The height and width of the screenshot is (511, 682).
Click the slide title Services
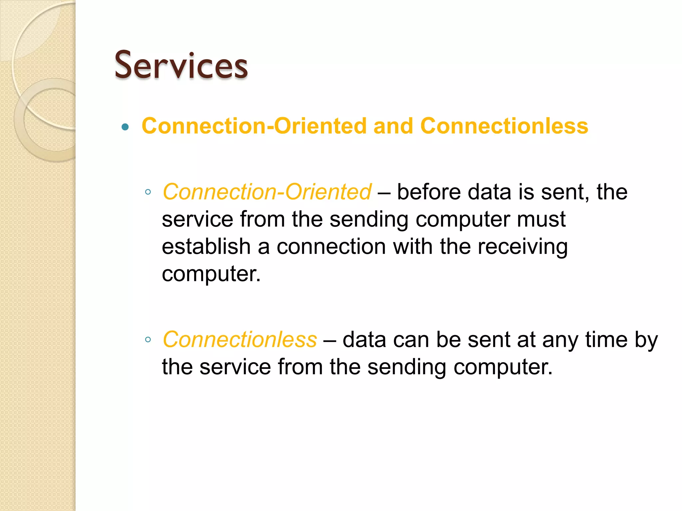pyautogui.click(x=181, y=65)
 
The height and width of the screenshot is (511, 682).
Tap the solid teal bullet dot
pyautogui.click(x=125, y=127)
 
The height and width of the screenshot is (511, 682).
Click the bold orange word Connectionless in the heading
pyautogui.click(x=504, y=126)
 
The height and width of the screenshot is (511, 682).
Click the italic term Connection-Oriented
pyautogui.click(x=267, y=192)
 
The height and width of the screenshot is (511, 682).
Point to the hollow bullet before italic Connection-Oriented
pyautogui.click(x=148, y=192)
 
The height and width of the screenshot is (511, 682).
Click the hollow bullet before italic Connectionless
pyautogui.click(x=148, y=340)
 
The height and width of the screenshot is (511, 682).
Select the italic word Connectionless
pyautogui.click(x=239, y=340)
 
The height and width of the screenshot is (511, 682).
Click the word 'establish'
pyautogui.click(x=206, y=247)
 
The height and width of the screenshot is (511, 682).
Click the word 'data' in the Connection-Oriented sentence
pyautogui.click(x=489, y=192)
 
